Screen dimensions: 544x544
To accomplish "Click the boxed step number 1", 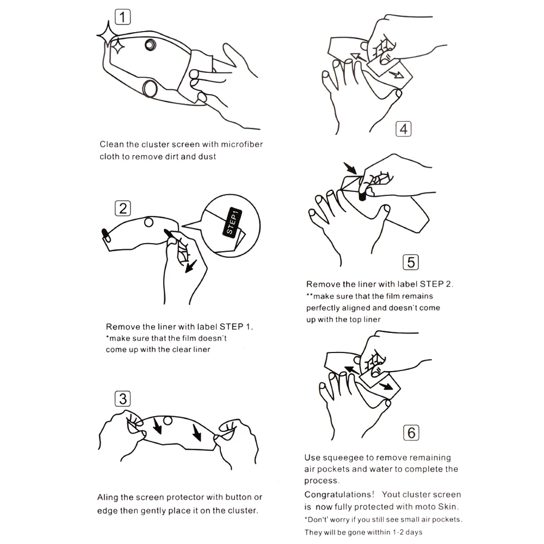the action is tap(122, 17).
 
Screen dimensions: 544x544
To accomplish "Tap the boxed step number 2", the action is tap(122, 208).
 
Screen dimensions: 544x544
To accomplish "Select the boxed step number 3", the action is tap(122, 399).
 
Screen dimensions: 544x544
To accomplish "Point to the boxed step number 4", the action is tap(404, 129).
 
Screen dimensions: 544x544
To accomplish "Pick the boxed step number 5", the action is tap(411, 262).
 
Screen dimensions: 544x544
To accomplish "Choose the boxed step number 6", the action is tap(411, 432).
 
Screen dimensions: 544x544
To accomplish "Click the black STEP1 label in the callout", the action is tap(232, 222).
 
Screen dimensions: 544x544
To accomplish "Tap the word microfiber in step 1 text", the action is tap(242, 144).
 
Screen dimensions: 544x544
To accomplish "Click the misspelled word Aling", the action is tap(108, 498).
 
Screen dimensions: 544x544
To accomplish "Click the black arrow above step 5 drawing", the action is tap(350, 168).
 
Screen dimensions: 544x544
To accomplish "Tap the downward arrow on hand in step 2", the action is tap(191, 266).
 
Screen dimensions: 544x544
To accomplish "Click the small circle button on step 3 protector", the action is tap(168, 421).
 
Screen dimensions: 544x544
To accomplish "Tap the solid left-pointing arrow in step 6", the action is tap(351, 370).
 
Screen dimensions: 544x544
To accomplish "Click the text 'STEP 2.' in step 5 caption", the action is tap(436, 284).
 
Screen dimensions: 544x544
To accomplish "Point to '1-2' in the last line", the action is tap(398, 532).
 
